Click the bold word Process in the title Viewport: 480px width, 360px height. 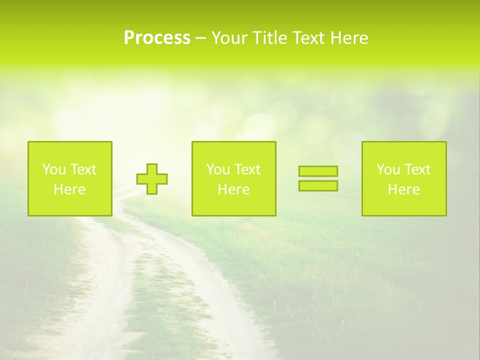(x=157, y=38)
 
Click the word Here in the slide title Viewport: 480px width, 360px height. (x=350, y=38)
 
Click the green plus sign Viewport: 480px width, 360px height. (x=152, y=179)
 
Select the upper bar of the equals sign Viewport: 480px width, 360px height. (x=318, y=171)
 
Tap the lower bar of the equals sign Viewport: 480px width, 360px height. (x=318, y=185)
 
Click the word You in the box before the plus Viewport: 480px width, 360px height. (x=54, y=169)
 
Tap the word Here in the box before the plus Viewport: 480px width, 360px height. (x=69, y=189)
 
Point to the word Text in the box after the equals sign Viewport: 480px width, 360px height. (x=418, y=169)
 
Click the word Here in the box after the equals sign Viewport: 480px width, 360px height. (x=403, y=189)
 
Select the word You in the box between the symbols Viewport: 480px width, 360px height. (x=218, y=169)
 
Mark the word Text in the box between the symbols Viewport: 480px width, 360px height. (x=248, y=169)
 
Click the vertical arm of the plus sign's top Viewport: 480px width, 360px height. (x=152, y=169)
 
